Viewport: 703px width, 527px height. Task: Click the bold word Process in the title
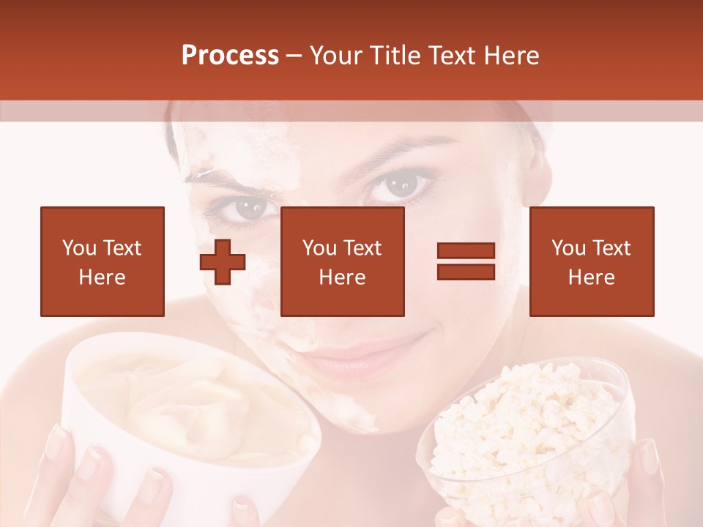click(x=230, y=56)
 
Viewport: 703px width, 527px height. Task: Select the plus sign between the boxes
click(x=223, y=261)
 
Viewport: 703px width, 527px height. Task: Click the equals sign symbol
click(x=466, y=261)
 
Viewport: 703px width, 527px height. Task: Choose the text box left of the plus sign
click(x=103, y=261)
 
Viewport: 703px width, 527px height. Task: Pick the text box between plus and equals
click(x=342, y=261)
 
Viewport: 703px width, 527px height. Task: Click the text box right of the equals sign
click(x=592, y=261)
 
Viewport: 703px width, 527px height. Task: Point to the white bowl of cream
click(x=190, y=417)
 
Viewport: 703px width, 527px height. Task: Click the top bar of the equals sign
click(x=466, y=251)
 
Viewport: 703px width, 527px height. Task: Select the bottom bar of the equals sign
click(x=466, y=272)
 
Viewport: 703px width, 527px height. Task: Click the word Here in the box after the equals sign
click(x=592, y=277)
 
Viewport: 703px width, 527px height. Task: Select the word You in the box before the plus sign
click(x=78, y=248)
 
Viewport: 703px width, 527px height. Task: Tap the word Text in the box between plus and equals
click(x=362, y=248)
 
